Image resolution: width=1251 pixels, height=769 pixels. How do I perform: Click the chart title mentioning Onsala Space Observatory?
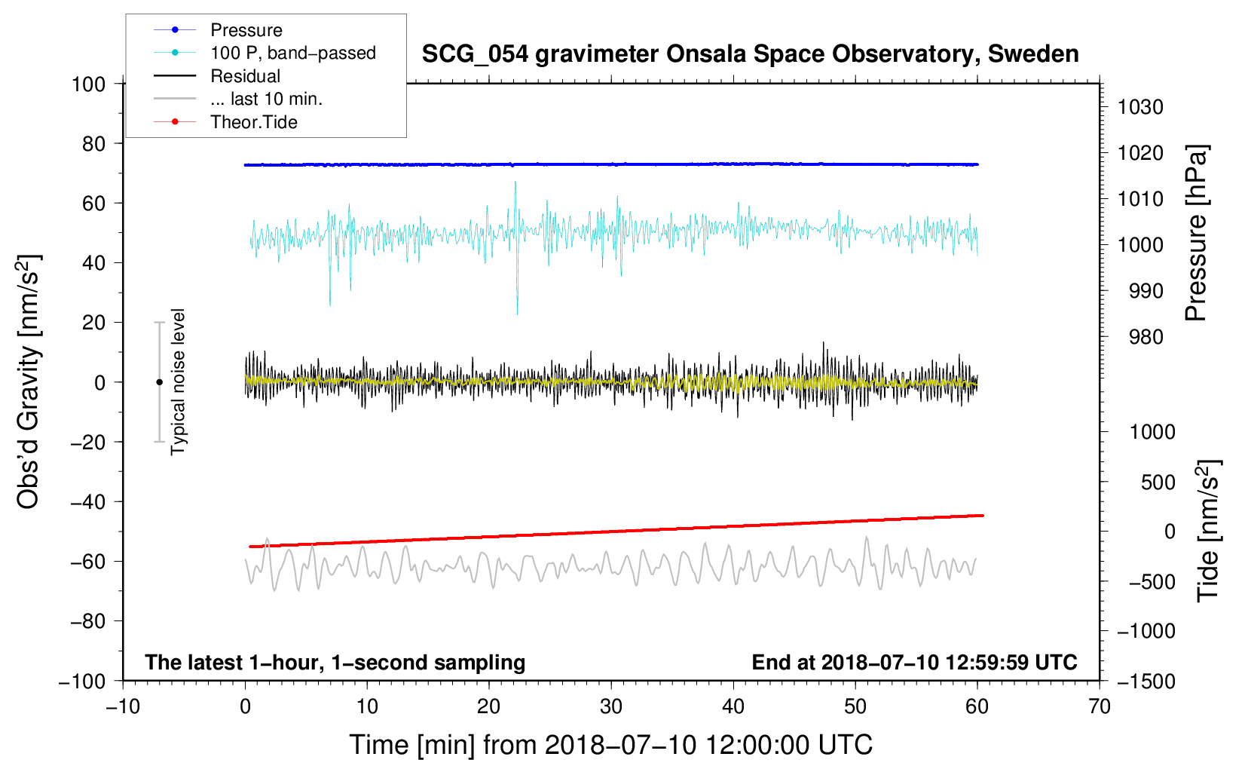pyautogui.click(x=750, y=54)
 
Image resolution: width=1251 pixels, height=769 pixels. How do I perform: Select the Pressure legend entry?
pyautogui.click(x=246, y=30)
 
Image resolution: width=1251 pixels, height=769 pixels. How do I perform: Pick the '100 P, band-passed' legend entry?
pyautogui.click(x=292, y=53)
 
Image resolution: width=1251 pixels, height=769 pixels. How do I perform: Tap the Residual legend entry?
pyautogui.click(x=245, y=76)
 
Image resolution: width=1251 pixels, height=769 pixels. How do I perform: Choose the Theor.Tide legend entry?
pyautogui.click(x=253, y=122)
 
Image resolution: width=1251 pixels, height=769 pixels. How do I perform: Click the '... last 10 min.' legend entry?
pyautogui.click(x=266, y=99)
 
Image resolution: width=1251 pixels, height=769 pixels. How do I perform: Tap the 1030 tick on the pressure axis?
pyautogui.click(x=1140, y=107)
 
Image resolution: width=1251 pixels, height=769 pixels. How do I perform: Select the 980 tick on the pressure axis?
pyautogui.click(x=1145, y=337)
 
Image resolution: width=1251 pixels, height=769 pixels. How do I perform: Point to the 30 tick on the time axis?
pyautogui.click(x=611, y=706)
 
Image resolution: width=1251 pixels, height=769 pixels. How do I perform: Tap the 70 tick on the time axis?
pyautogui.click(x=1100, y=706)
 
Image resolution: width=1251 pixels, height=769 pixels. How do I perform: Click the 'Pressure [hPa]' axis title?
pyautogui.click(x=1196, y=233)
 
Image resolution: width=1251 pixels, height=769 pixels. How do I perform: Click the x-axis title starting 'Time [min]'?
pyautogui.click(x=611, y=745)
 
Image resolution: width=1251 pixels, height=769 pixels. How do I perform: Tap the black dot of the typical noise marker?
pyautogui.click(x=159, y=382)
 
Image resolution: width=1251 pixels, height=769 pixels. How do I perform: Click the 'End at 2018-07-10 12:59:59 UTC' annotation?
pyautogui.click(x=914, y=662)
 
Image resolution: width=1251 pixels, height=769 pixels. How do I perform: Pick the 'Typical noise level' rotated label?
pyautogui.click(x=178, y=381)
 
